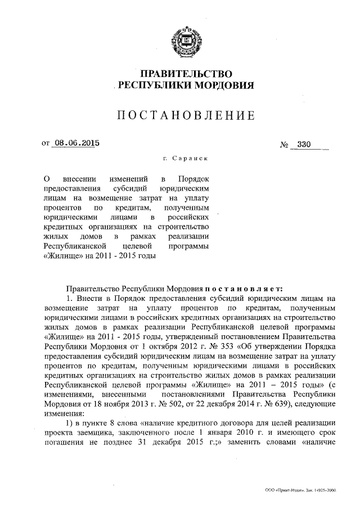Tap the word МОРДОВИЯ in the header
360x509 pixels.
[x=220, y=86]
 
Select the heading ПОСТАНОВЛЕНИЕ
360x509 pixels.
[x=186, y=116]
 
